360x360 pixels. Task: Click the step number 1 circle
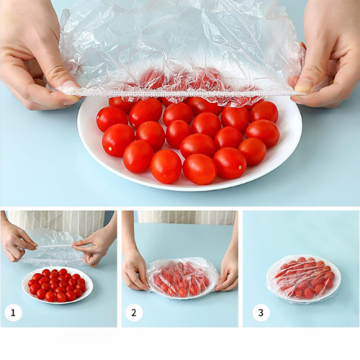[x=13, y=312]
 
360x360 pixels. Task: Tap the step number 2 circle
[x=134, y=312]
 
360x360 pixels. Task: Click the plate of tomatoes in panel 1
[x=57, y=284]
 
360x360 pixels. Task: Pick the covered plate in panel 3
[x=304, y=278]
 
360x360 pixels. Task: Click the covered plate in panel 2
[x=182, y=278]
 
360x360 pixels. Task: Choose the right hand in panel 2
[x=228, y=272]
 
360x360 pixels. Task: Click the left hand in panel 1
[x=16, y=241]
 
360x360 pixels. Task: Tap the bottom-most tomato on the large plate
[x=199, y=169]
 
